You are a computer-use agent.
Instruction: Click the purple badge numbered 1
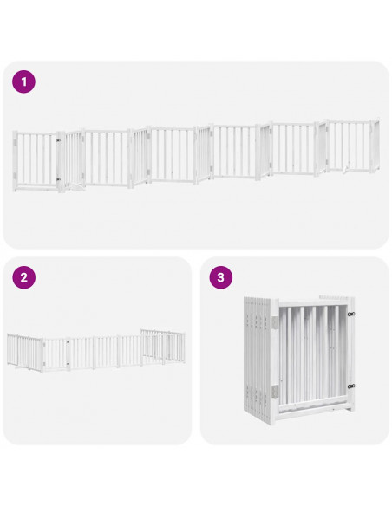click(x=23, y=82)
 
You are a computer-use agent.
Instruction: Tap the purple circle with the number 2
click(x=23, y=278)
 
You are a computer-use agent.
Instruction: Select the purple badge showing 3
click(x=220, y=278)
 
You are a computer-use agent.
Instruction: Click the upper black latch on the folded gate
click(x=351, y=314)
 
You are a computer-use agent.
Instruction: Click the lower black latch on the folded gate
click(x=351, y=386)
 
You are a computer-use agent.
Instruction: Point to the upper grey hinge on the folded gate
click(x=275, y=321)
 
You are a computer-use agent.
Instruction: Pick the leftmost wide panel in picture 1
click(x=35, y=159)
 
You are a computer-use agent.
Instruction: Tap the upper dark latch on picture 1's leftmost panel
click(x=59, y=139)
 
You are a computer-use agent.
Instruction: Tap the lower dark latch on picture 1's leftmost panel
click(x=59, y=178)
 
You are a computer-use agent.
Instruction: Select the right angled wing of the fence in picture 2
click(x=163, y=344)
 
